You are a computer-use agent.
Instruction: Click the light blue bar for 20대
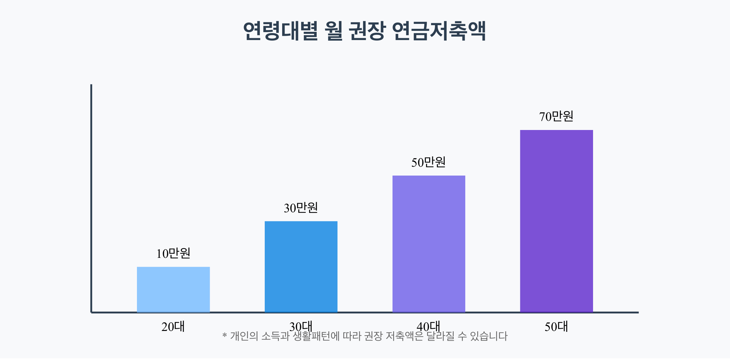173,289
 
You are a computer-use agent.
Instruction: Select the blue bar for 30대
301,267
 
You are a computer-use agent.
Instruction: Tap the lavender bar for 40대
429,244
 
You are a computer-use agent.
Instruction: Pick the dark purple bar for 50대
556,221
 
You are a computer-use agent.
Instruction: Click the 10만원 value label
173,253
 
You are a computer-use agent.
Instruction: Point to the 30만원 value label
301,208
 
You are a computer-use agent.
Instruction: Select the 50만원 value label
428,162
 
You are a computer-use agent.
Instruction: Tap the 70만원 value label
556,116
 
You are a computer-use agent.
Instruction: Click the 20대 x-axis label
173,327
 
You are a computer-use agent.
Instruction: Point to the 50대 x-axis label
556,327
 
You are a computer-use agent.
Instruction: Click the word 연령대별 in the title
281,31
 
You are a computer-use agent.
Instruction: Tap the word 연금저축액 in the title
439,31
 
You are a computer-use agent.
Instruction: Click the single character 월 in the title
334,31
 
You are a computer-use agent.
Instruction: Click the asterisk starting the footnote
225,336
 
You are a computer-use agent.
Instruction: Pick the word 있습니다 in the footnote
489,336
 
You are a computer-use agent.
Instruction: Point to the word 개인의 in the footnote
244,336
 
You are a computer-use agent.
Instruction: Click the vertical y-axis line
91,198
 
